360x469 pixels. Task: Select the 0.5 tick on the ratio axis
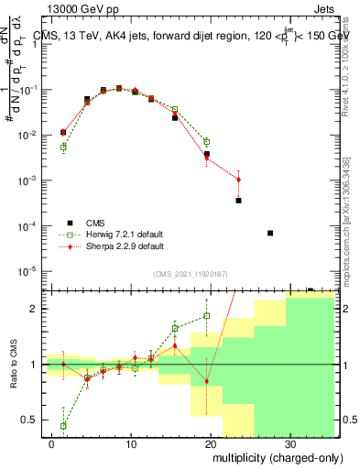(29, 420)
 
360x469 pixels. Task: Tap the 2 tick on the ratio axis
(33, 309)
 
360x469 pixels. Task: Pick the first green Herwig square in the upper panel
(63, 147)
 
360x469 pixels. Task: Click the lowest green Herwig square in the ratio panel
(63, 426)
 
